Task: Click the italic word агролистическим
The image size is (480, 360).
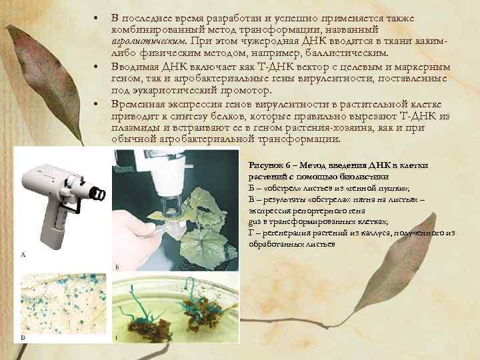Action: click(x=149, y=41)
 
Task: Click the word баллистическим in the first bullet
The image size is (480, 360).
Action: click(x=347, y=53)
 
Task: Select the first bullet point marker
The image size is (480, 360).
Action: click(x=96, y=19)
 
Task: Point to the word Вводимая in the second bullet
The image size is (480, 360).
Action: click(x=135, y=67)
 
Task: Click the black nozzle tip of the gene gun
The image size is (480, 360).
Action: click(x=99, y=193)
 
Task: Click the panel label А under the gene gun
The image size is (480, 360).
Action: click(x=23, y=254)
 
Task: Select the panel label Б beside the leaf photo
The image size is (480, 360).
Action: click(x=117, y=267)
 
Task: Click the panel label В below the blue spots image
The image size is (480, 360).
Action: click(x=23, y=337)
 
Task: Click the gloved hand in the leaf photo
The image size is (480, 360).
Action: click(x=135, y=236)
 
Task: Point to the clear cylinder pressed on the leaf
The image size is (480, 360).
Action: click(x=171, y=205)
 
